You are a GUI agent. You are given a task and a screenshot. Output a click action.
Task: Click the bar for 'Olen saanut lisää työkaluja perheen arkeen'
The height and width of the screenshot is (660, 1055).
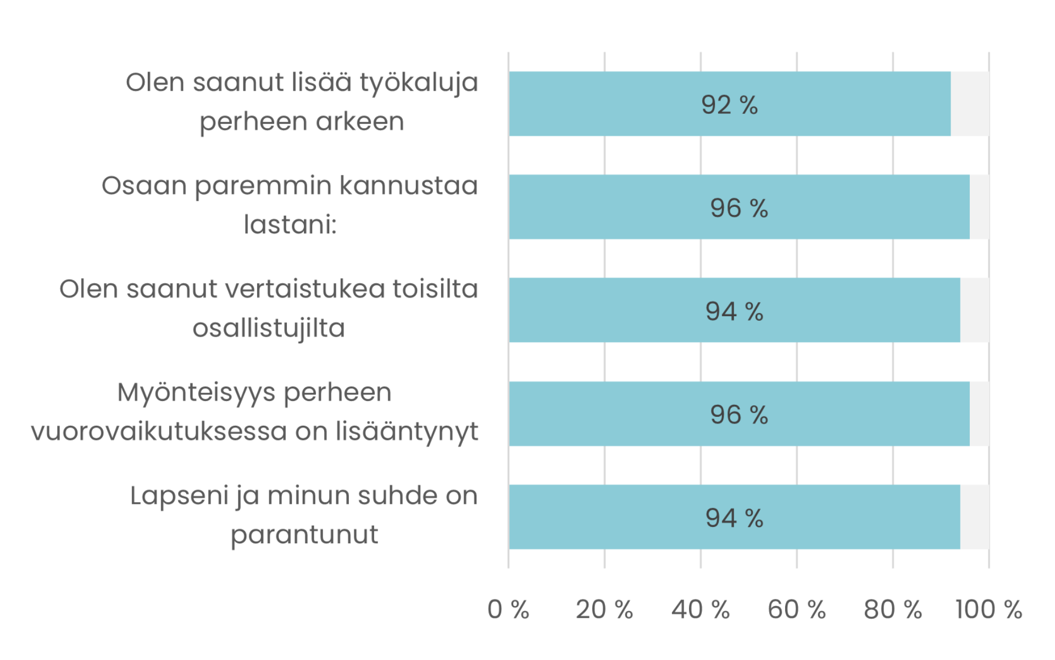click(730, 103)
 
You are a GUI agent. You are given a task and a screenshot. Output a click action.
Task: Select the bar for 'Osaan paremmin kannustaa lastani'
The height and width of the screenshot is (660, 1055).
click(739, 207)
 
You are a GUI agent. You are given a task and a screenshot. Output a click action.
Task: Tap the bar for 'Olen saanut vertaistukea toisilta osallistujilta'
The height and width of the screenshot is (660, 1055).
click(735, 310)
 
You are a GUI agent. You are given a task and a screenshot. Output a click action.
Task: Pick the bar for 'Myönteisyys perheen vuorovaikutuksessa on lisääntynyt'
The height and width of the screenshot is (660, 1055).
click(739, 414)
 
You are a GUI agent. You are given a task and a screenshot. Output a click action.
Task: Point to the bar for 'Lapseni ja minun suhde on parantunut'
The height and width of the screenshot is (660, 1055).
click(735, 517)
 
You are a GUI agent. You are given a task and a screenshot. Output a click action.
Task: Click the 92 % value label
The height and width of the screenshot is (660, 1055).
click(730, 105)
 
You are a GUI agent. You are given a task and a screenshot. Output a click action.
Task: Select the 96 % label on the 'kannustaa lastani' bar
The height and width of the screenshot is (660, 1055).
click(739, 208)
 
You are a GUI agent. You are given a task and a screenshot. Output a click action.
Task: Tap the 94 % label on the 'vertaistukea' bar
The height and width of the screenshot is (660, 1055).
click(735, 311)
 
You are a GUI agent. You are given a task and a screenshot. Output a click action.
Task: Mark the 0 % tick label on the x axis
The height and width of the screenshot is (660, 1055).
click(508, 609)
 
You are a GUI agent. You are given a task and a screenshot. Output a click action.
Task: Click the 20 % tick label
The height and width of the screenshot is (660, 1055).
click(604, 609)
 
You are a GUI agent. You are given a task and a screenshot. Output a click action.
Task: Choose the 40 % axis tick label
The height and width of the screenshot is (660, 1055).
click(701, 609)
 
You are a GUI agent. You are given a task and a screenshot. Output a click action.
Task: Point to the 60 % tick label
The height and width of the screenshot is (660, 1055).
click(797, 609)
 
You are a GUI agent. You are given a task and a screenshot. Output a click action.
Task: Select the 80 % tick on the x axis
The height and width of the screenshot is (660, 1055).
click(893, 609)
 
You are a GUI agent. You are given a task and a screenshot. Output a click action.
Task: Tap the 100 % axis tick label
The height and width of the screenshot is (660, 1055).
click(989, 609)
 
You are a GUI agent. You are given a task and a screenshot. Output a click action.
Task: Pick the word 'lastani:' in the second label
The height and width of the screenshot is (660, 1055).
click(290, 224)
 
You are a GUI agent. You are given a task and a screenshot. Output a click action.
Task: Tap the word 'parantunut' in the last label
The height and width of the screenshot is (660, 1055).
click(304, 535)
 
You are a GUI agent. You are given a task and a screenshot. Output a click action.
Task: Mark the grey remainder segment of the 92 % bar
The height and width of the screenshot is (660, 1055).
click(970, 103)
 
